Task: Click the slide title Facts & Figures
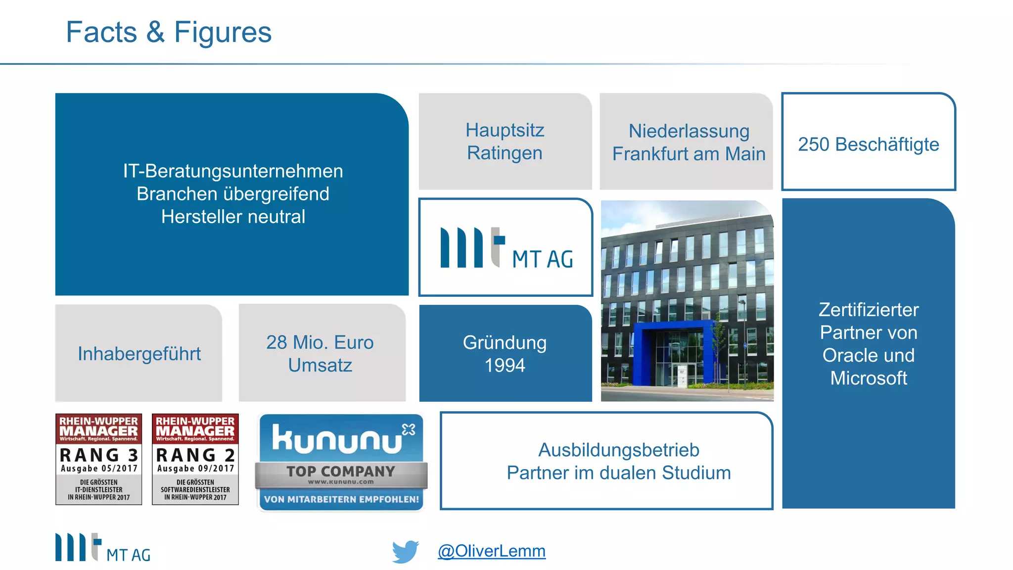pos(169,33)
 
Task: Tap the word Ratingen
pos(505,153)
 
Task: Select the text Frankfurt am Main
pos(689,154)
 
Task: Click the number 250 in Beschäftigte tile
pos(813,144)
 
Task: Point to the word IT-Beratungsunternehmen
pos(233,171)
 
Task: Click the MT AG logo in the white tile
pos(506,249)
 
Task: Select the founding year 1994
pos(505,366)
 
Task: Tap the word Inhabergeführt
pos(139,354)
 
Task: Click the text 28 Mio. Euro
pos(320,342)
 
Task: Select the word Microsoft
pos(868,379)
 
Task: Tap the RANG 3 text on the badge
pos(98,455)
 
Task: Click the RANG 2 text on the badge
pos(195,455)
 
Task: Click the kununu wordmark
pos(337,439)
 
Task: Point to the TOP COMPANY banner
pos(341,472)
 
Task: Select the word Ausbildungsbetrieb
pos(618,450)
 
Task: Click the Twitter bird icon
pos(405,551)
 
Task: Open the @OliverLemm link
pos(491,551)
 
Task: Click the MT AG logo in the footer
pos(102,548)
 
